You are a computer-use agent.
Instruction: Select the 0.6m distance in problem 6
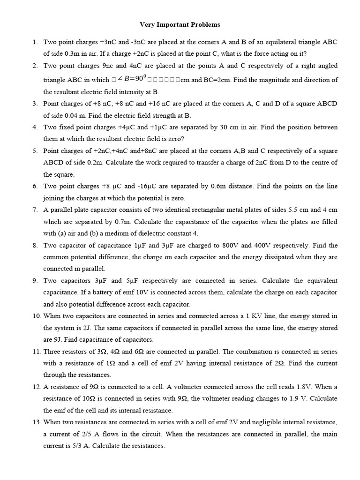click(x=220, y=186)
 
